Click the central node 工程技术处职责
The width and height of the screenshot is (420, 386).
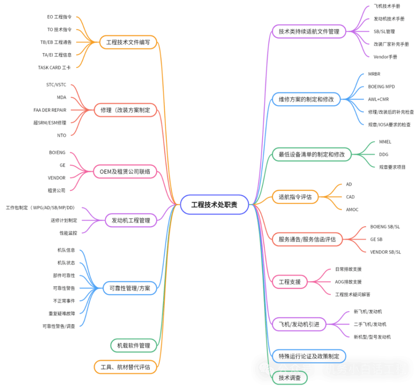coord(215,204)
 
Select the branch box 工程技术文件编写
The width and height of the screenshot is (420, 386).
coord(128,42)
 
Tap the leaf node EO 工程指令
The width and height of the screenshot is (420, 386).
coord(59,17)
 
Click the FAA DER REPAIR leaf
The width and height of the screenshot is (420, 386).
coord(50,110)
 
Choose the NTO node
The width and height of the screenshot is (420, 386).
coord(62,135)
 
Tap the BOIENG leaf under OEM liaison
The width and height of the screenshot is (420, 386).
coord(57,152)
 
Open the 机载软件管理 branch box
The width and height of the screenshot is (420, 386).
coord(134,345)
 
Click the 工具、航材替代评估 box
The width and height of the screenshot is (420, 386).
coord(125,366)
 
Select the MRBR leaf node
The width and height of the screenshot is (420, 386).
coord(374,74)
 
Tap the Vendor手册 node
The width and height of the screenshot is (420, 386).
coord(385,57)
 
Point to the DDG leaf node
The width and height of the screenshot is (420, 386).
coord(384,154)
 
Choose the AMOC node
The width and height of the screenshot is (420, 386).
coord(352,209)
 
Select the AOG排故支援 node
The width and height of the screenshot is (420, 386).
coord(349,282)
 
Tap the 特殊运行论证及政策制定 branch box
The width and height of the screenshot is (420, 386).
coord(309,356)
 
